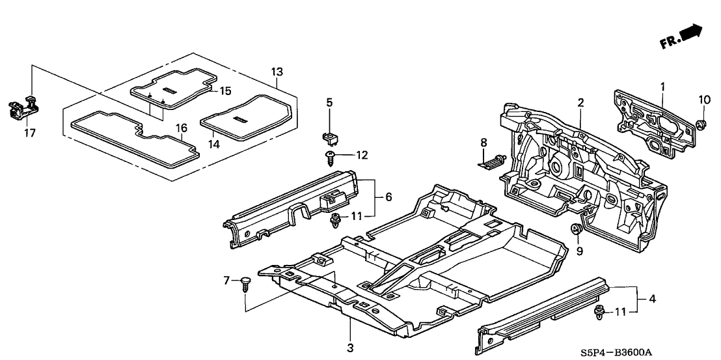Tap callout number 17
click(30, 133)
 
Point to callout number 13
click(277, 72)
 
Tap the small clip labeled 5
click(329, 135)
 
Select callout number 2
click(580, 102)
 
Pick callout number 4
click(651, 299)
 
